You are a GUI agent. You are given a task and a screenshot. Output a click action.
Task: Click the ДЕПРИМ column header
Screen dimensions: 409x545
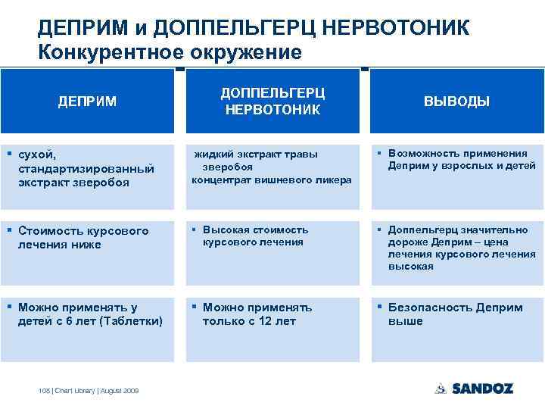(x=88, y=101)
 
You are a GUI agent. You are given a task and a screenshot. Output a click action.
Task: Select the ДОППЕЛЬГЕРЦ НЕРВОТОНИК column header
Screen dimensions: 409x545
(x=272, y=101)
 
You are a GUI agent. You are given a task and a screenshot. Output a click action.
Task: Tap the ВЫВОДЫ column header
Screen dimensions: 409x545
(x=456, y=101)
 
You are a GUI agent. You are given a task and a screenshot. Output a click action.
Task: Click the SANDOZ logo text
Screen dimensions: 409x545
(x=483, y=389)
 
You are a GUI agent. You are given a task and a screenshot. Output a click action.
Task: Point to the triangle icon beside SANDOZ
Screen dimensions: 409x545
(x=441, y=389)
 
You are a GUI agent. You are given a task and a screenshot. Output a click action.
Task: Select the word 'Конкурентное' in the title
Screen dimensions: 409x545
(x=104, y=52)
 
